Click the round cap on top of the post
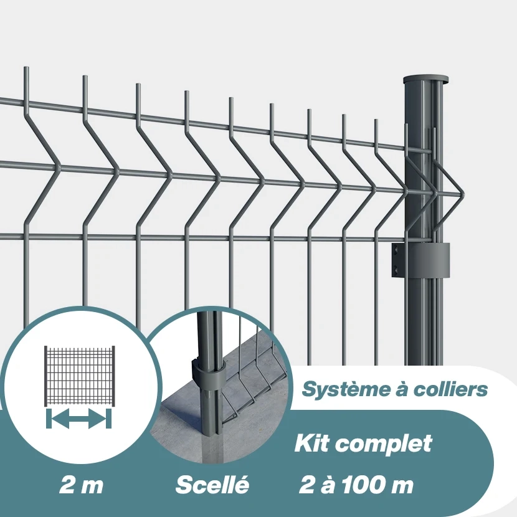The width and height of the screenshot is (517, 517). [426, 80]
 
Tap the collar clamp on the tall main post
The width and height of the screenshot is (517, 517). [424, 261]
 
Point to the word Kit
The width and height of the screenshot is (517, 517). [311, 443]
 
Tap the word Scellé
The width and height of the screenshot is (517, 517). [212, 485]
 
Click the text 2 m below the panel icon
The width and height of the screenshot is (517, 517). [81, 485]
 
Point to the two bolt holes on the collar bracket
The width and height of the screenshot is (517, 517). [395, 260]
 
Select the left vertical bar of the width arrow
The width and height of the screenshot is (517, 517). [47, 419]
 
